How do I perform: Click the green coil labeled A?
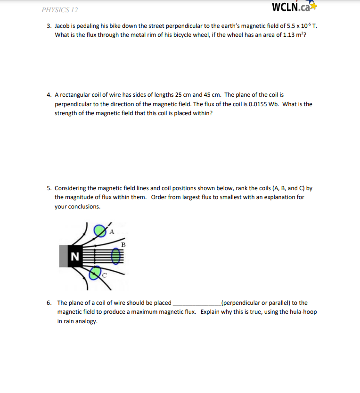click(99, 230)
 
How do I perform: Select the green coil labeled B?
click(115, 256)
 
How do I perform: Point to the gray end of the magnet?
click(64, 256)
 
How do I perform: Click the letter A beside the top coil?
click(112, 231)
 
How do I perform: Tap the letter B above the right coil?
click(123, 244)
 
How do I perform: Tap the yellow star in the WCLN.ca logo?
click(314, 7)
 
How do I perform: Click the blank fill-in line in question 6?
click(196, 303)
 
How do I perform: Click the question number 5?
click(49, 188)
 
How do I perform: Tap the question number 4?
click(49, 95)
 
